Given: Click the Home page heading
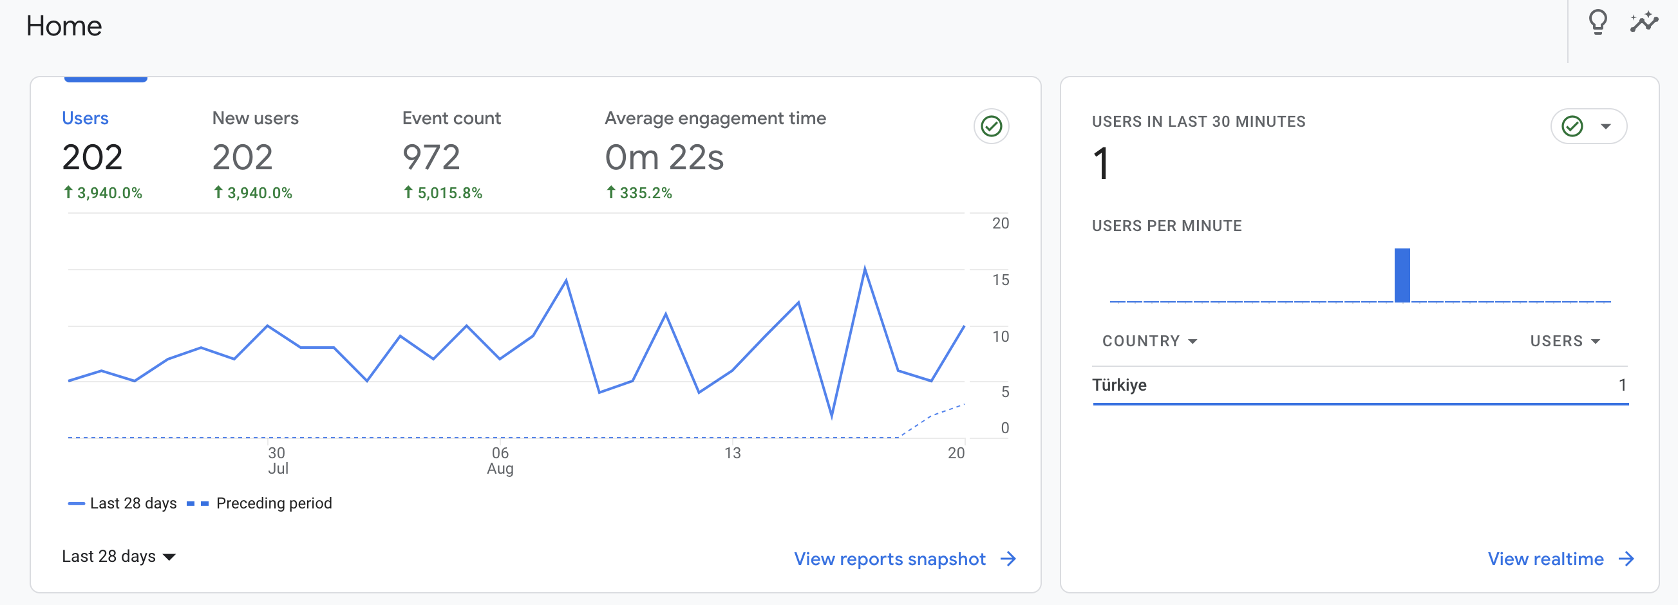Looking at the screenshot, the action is coord(64,26).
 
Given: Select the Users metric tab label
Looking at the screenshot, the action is coord(86,118).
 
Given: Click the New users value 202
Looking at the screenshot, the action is coord(242,157).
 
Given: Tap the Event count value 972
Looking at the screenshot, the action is coord(431,157).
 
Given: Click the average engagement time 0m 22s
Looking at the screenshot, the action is coord(665,157).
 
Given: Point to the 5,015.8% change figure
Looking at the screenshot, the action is coord(443,193).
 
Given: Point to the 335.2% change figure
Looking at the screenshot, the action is coord(639,193).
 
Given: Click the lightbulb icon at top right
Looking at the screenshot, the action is coord(1598,22).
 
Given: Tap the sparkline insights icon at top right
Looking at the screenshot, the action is coord(1644,22).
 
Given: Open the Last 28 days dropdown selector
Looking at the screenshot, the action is coord(118,556).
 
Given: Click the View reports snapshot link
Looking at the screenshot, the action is coord(905,559).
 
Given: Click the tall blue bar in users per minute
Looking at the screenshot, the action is coord(1402,275).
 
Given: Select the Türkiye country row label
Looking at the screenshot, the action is coord(1119,385).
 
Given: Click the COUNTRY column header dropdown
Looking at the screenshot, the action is coord(1149,340).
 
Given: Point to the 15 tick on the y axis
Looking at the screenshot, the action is coord(1001,280).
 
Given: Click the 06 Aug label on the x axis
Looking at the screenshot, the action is coord(500,460).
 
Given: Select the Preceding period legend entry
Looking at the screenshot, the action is coord(259,503).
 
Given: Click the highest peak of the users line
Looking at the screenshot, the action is coord(864,267).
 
